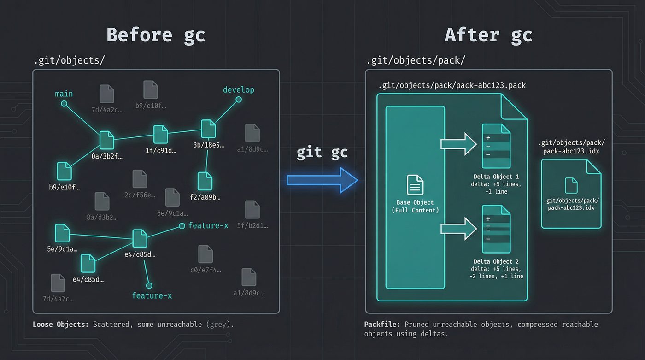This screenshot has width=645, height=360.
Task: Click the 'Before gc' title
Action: pos(156,35)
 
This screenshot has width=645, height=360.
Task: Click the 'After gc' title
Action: pos(488,35)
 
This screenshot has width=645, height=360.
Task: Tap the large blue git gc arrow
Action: pos(322,180)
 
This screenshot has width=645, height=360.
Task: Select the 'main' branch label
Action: pos(64,94)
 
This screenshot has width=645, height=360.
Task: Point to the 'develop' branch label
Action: pos(238,90)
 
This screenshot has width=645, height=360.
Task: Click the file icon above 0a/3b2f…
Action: pos(107,140)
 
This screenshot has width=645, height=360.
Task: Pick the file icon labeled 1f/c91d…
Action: pos(160,134)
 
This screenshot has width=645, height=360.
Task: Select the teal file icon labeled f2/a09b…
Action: pos(205,181)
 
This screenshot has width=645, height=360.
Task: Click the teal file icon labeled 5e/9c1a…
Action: pos(62,233)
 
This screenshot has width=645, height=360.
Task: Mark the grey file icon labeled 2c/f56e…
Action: pos(140,179)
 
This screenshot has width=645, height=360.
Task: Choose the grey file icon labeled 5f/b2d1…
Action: pos(252,210)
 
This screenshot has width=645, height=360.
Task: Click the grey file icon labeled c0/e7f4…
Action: pos(205,254)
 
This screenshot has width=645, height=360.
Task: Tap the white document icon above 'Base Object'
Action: pos(415,185)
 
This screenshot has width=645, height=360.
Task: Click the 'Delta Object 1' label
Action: pos(496,177)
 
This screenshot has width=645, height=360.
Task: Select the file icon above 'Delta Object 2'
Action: pos(496,229)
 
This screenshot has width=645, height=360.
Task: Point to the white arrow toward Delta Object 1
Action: pos(458,144)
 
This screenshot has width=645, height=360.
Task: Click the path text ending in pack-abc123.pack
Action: pos(452,86)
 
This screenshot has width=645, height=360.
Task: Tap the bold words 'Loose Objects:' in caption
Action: pos(61,325)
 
